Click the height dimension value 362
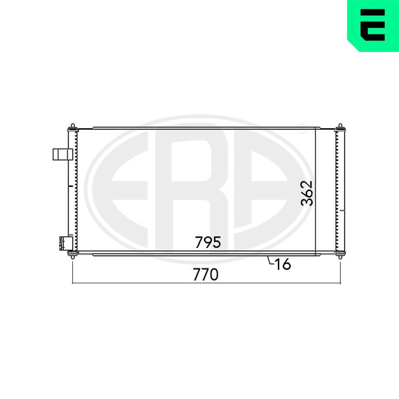click(307, 193)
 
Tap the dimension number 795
click(208, 242)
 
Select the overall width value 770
click(206, 275)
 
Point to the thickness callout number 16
click(282, 264)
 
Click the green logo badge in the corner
click(373, 25)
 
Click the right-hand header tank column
click(340, 192)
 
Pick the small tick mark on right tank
click(344, 209)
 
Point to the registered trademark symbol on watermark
click(302, 128)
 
